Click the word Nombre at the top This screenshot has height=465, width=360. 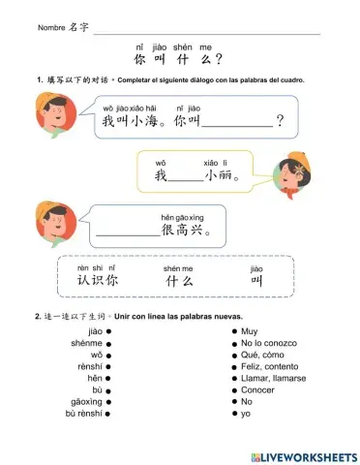50,28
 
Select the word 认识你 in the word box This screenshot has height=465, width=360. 97,281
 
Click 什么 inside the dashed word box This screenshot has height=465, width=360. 180,281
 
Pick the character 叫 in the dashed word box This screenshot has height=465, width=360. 257,281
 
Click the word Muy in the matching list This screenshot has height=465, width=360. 251,331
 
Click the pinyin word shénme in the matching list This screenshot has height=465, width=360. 86,343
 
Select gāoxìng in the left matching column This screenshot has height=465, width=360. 86,401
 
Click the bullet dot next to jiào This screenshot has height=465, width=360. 110,331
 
